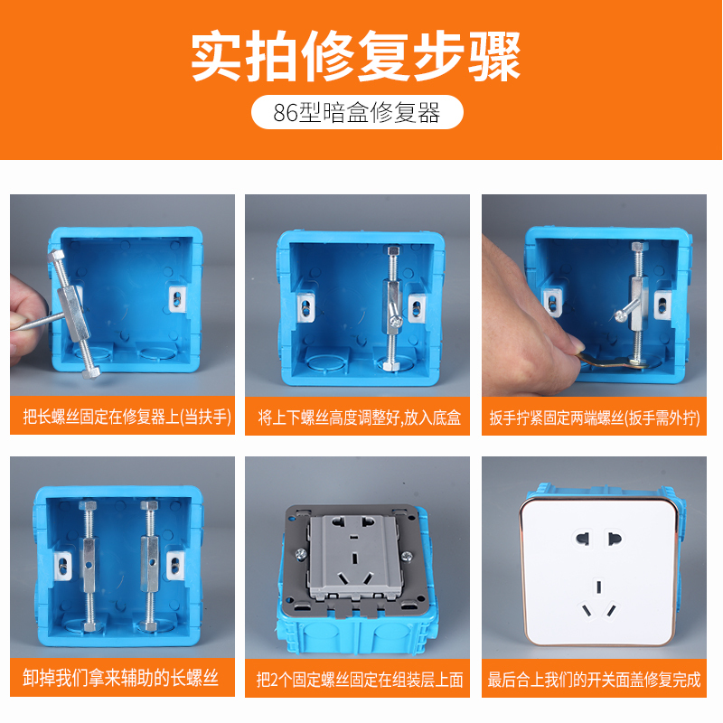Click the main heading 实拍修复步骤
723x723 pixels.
[x=355, y=56]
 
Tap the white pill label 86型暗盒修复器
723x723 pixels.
[x=357, y=112]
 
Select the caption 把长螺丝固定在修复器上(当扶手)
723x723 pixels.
[x=127, y=417]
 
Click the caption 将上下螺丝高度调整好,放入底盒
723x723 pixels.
[x=359, y=418]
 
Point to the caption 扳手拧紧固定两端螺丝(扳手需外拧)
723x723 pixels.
[x=595, y=418]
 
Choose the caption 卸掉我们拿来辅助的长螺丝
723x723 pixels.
[x=120, y=678]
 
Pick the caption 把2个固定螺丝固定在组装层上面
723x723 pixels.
[x=359, y=680]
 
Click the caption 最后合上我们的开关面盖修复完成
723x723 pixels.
[x=595, y=680]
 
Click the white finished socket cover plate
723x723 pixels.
[x=599, y=572]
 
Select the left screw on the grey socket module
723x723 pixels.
[x=301, y=554]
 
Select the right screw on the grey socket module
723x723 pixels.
[x=408, y=557]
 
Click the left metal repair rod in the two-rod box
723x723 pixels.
[x=88, y=566]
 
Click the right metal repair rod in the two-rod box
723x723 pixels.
[x=149, y=566]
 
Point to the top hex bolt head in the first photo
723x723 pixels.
[x=56, y=256]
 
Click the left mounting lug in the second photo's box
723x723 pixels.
[x=305, y=306]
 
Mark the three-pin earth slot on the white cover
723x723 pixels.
[x=598, y=587]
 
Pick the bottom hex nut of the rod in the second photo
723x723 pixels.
[x=391, y=366]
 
